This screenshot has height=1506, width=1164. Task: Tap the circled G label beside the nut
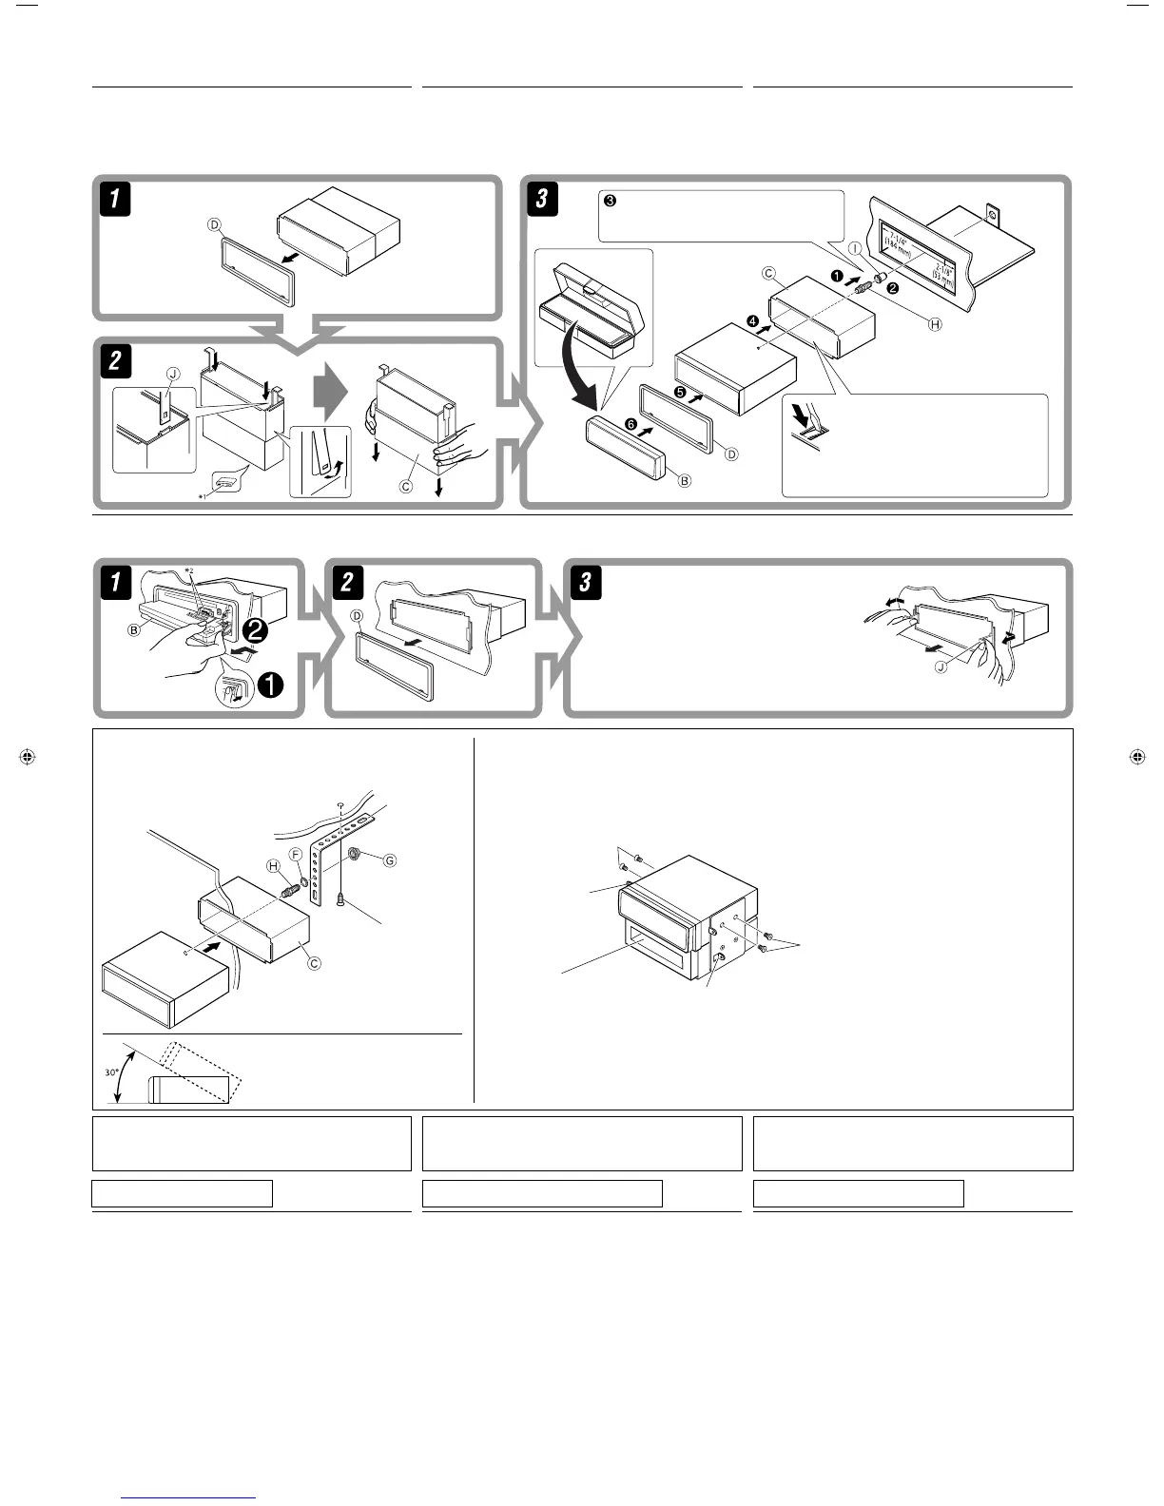point(388,860)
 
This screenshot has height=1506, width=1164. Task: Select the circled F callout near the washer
point(296,855)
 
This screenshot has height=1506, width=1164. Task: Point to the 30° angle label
point(111,1072)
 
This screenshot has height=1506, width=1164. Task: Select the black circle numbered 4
point(752,322)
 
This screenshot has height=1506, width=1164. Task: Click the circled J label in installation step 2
point(172,375)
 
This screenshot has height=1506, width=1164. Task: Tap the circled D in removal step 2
point(358,616)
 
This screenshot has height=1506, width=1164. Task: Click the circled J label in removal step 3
point(941,667)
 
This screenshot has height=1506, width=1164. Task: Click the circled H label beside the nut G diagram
point(274,865)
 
